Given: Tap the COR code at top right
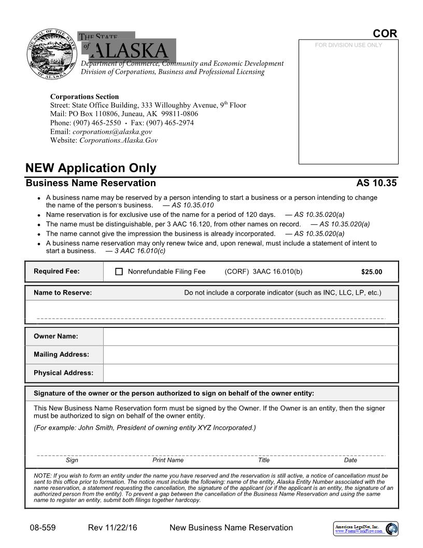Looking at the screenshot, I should pos(385,34).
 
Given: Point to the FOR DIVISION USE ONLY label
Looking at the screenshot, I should pos(348,45).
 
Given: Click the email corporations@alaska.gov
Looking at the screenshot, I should pos(112,132).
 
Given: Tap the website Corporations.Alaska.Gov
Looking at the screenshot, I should pos(118,140).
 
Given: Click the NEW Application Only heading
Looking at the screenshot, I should pos(91,168).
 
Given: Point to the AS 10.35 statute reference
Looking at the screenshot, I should pos(376,183).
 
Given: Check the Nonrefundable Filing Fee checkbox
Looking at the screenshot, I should pos(119,271).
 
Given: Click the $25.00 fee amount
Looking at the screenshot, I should pos(371,272).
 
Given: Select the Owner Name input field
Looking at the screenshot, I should pos(250,336).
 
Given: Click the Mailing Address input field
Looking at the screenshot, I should pos(250,354).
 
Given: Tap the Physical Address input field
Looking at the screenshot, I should pos(250,373).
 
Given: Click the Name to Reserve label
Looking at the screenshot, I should pos(63,293).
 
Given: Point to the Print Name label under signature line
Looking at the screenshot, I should pos(168,460).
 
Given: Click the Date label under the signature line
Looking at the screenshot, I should pos(350,460).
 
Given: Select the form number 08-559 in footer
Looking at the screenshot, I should pos(43,528).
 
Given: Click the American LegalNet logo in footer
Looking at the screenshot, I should pos(365,529).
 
